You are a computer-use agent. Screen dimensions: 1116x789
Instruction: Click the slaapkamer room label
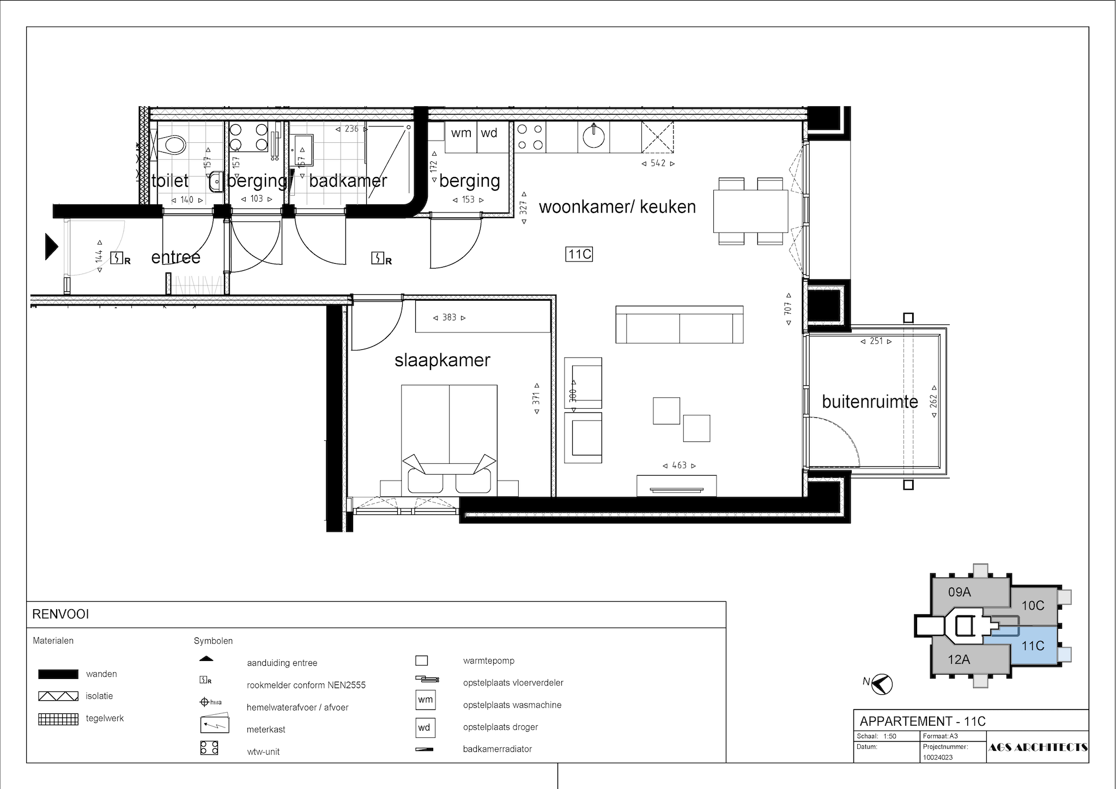pyautogui.click(x=442, y=360)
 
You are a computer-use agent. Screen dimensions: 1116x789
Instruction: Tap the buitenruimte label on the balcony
pyautogui.click(x=870, y=402)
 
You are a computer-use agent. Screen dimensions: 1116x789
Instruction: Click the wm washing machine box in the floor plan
pyautogui.click(x=461, y=137)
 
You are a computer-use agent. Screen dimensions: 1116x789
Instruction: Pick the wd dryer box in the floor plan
pyautogui.click(x=493, y=137)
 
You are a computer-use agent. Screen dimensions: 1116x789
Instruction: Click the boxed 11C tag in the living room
pyautogui.click(x=579, y=254)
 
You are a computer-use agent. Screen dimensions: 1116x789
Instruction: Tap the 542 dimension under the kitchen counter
pyautogui.click(x=658, y=163)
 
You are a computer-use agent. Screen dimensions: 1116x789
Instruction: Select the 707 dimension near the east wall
pyautogui.click(x=788, y=308)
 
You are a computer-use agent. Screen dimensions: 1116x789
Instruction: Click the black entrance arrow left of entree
pyautogui.click(x=52, y=247)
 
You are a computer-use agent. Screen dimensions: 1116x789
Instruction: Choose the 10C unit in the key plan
pyautogui.click(x=1033, y=605)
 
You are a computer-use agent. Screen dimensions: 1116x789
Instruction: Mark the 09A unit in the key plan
pyautogui.click(x=960, y=592)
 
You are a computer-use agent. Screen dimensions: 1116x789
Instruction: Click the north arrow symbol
pyautogui.click(x=882, y=684)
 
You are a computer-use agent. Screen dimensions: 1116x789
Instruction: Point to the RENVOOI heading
pyautogui.click(x=60, y=615)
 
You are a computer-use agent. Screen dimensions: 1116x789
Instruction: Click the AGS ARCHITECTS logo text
pyautogui.click(x=1038, y=748)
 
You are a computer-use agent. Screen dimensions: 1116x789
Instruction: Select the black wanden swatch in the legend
pyautogui.click(x=58, y=674)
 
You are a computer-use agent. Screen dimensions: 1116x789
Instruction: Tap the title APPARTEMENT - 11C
pyautogui.click(x=923, y=721)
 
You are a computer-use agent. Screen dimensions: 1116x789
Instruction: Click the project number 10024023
pyautogui.click(x=938, y=757)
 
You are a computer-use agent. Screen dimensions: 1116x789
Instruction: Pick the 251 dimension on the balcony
pyautogui.click(x=876, y=341)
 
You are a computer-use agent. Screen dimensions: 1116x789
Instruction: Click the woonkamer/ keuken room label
pyautogui.click(x=617, y=207)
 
